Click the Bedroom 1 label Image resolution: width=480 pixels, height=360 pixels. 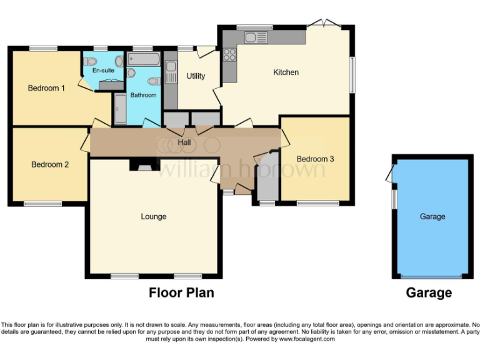point(46,88)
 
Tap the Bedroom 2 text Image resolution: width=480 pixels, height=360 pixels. point(50,164)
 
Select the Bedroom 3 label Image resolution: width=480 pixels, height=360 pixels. point(315,159)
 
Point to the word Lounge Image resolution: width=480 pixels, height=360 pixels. point(153,217)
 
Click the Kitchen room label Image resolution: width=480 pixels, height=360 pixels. point(286,72)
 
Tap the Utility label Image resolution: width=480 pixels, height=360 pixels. point(196,76)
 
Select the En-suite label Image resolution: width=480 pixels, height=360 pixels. point(103,71)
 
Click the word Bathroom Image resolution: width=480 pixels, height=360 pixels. point(143,95)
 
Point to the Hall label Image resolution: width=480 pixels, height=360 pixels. point(184,142)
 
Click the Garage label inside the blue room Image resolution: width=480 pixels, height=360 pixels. point(432,216)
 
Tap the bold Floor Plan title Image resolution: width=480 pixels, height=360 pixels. point(181,292)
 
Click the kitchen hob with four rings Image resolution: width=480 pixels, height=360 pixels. point(229,54)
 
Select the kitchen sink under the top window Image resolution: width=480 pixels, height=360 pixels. point(256,37)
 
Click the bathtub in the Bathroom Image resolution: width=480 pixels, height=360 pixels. point(144,59)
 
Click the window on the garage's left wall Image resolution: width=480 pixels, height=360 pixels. point(394,200)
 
